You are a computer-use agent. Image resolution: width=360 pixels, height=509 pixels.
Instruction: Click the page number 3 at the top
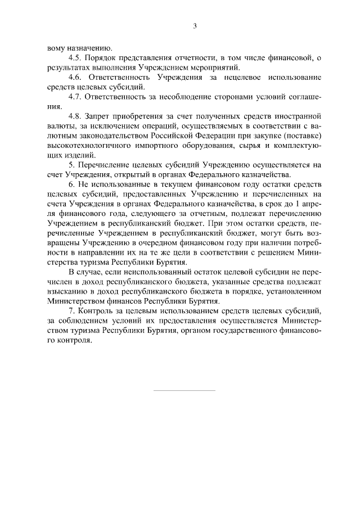click(x=194, y=25)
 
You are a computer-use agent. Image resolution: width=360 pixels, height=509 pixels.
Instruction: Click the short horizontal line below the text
click(x=184, y=390)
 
